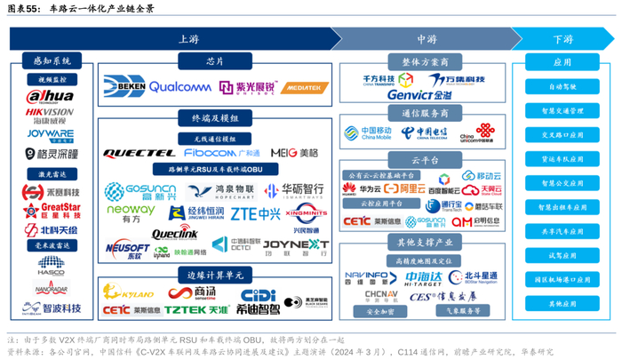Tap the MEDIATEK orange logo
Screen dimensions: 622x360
pyautogui.click(x=305, y=87)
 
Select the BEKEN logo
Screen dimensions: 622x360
pyautogui.click(x=125, y=86)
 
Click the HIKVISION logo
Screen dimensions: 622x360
pyautogui.click(x=49, y=116)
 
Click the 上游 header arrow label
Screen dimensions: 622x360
pyautogui.click(x=188, y=39)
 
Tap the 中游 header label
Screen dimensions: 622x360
pyautogui.click(x=426, y=39)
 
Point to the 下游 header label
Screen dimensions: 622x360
pyautogui.click(x=562, y=39)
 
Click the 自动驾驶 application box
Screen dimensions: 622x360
pyautogui.click(x=562, y=87)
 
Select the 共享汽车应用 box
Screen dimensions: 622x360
pyautogui.click(x=562, y=231)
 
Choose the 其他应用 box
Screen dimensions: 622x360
pyautogui.click(x=562, y=304)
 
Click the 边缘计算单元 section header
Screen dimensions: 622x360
pyautogui.click(x=214, y=273)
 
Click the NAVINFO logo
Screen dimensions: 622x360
pyautogui.click(x=364, y=276)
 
